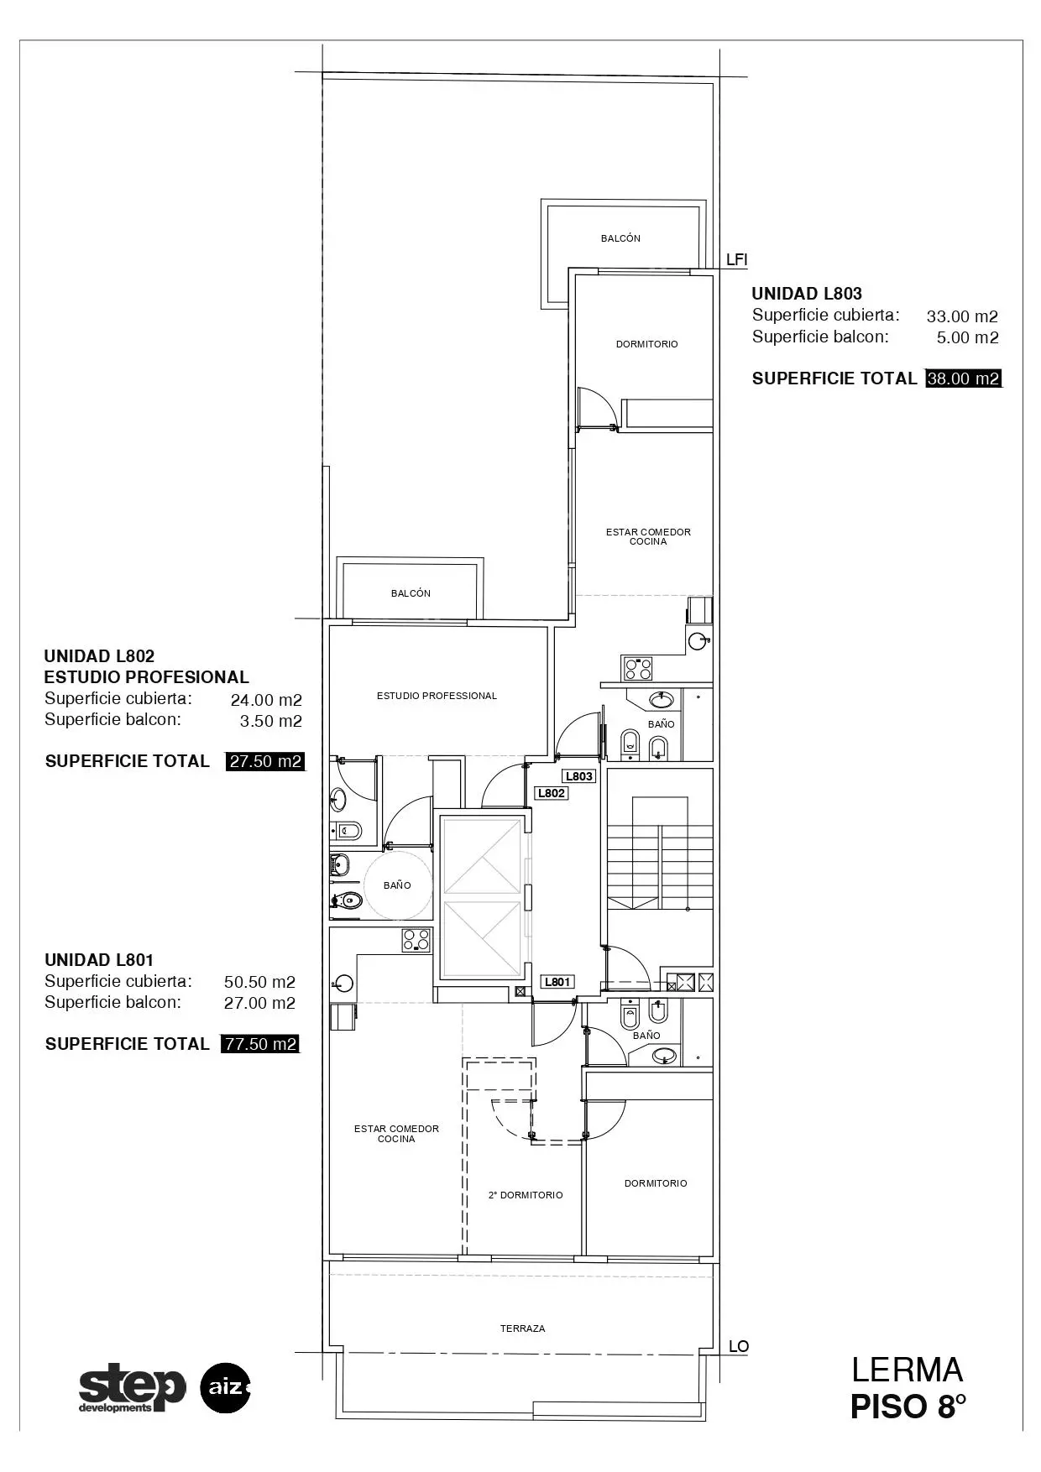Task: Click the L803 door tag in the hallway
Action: (579, 776)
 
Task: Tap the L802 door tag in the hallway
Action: (552, 793)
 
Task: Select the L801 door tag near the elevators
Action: (557, 982)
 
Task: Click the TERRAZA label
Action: (522, 1328)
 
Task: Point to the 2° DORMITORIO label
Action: (526, 1195)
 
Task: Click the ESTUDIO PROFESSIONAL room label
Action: (437, 696)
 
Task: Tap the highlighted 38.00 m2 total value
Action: (963, 378)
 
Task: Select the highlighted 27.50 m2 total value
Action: (264, 761)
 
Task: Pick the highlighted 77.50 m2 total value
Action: (260, 1044)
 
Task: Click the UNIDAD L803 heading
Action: (807, 294)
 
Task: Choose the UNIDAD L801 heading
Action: (99, 960)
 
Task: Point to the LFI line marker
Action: (736, 260)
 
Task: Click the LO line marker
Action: (739, 1346)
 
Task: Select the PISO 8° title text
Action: (908, 1407)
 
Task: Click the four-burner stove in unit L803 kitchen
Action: (637, 668)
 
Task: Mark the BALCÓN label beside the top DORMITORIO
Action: (620, 238)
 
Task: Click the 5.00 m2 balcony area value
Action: (968, 337)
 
